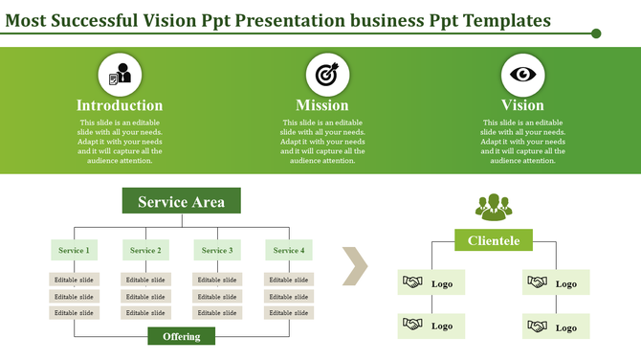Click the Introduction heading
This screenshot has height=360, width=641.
pyautogui.click(x=120, y=105)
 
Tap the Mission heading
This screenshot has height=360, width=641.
pyautogui.click(x=322, y=105)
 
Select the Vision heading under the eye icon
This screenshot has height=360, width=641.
pyautogui.click(x=522, y=105)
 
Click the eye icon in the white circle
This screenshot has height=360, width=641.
pyautogui.click(x=522, y=74)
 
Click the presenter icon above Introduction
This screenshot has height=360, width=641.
pyautogui.click(x=121, y=74)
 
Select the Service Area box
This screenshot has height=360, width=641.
pyautogui.click(x=181, y=201)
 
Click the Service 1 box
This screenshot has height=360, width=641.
pyautogui.click(x=74, y=250)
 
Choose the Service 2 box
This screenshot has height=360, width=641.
pyautogui.click(x=145, y=250)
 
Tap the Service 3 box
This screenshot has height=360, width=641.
pyautogui.click(x=217, y=250)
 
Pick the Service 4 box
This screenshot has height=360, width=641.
pyautogui.click(x=288, y=250)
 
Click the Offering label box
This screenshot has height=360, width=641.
pyautogui.click(x=181, y=336)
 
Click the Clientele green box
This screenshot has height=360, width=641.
pyautogui.click(x=494, y=240)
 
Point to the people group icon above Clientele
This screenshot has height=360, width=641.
pyautogui.click(x=494, y=206)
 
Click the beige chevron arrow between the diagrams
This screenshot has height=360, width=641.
pyautogui.click(x=355, y=267)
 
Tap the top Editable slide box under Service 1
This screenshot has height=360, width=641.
pyautogui.click(x=74, y=280)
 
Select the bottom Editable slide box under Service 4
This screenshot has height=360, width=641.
pyautogui.click(x=288, y=312)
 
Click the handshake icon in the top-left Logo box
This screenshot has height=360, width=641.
pyautogui.click(x=413, y=283)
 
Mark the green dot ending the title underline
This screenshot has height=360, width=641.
pyautogui.click(x=596, y=34)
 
